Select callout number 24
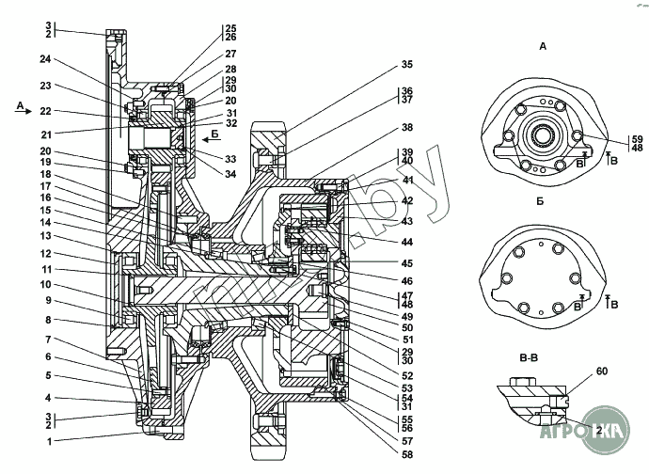point(45,59)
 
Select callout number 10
point(45,283)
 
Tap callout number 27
point(230,54)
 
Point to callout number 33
point(230,159)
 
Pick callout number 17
point(45,186)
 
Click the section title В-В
point(529,358)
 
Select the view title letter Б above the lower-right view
point(542,201)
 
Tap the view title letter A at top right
point(543,45)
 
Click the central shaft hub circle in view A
point(543,134)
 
